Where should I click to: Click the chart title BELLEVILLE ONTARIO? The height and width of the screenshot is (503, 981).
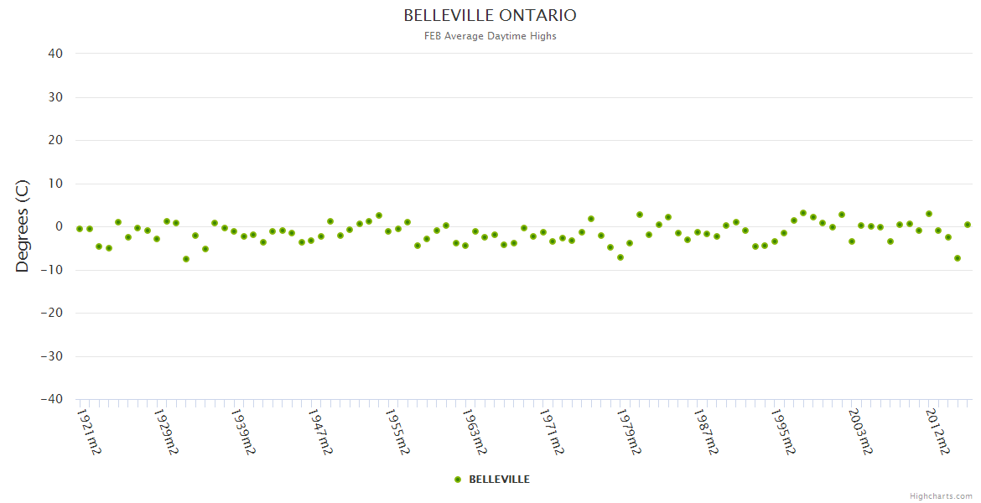coord(490,16)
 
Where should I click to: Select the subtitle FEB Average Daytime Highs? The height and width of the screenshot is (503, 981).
coord(490,36)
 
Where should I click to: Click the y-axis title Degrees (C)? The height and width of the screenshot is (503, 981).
coord(23,226)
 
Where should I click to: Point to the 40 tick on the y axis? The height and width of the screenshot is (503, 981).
coord(55,54)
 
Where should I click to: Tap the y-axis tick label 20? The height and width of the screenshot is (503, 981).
coord(55,140)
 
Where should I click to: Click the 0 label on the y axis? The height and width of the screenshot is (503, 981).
coord(59,226)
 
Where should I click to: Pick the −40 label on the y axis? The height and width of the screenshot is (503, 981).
coord(51,399)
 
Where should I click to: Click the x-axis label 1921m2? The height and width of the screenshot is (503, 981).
coord(89,431)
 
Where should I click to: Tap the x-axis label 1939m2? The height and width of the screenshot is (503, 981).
coord(243,431)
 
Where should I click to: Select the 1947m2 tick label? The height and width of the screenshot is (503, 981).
coord(320,431)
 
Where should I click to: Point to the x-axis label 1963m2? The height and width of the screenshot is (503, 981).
coord(475,431)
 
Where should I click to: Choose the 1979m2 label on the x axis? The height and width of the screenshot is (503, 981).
coord(629,431)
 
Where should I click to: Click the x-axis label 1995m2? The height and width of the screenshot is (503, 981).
coord(783,431)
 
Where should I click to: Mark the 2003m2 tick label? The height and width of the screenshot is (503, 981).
coord(860,431)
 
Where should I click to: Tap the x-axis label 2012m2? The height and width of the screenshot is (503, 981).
coord(937,431)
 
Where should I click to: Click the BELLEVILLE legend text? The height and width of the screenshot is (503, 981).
coord(499,480)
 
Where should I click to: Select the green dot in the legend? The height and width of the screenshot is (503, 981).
coord(458,480)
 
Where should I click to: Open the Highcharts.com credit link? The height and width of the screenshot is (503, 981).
coord(942,495)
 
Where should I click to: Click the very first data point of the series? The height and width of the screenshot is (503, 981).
coord(80,229)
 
